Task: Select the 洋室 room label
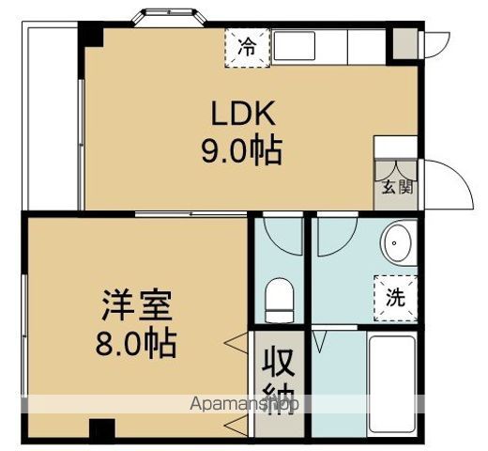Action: [137, 307]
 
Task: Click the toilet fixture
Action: [280, 300]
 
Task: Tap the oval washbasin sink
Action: [397, 245]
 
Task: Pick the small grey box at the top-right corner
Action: [403, 42]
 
